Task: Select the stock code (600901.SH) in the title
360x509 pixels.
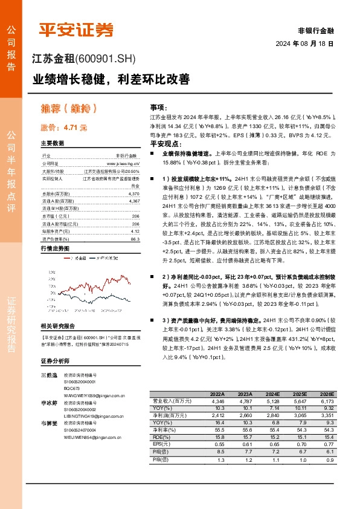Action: point(106,59)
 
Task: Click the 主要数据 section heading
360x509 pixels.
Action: point(52,144)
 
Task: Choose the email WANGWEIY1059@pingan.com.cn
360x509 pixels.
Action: point(96,395)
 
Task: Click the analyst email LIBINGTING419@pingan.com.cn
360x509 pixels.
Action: point(97,417)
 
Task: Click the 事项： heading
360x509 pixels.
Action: point(158,106)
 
